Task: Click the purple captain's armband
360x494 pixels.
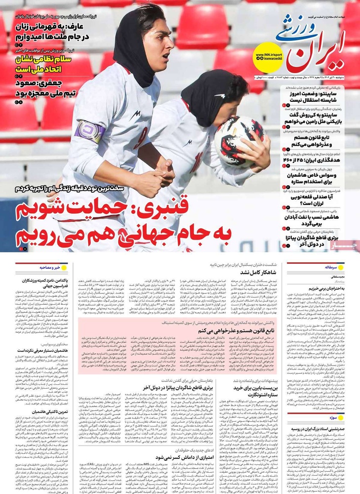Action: click(x=90, y=131)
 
